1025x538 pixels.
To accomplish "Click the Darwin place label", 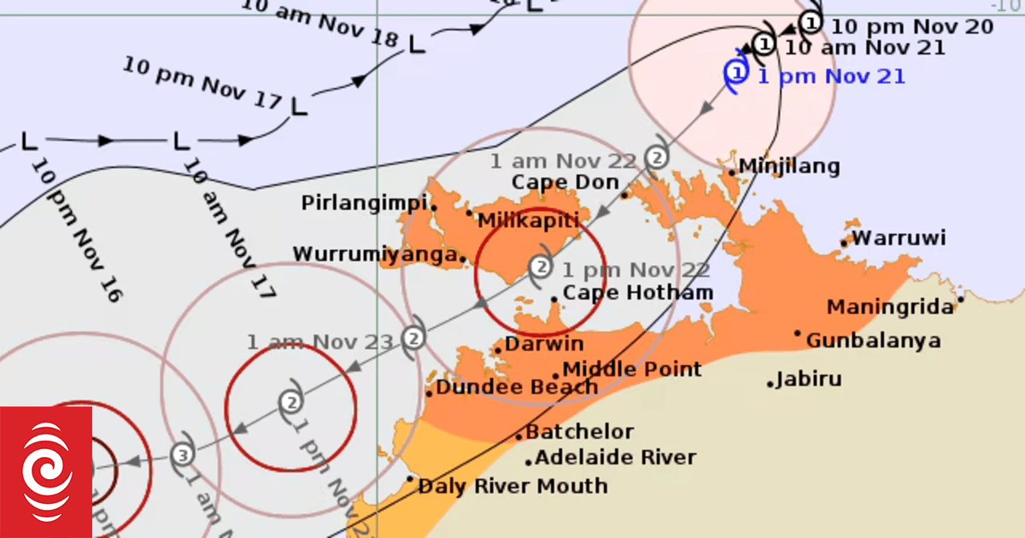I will (x=544, y=344).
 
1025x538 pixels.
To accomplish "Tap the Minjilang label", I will (x=789, y=167).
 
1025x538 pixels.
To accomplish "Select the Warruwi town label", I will (x=899, y=237).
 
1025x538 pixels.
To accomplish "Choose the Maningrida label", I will (x=890, y=307).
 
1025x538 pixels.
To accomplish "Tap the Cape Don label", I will (x=565, y=182).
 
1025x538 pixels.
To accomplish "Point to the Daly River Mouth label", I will (x=512, y=487).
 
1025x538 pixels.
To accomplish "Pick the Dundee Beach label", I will (x=517, y=388).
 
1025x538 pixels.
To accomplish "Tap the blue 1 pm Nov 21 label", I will (x=831, y=77).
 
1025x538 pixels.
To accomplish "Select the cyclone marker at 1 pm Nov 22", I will (x=540, y=267).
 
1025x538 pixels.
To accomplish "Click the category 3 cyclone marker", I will (x=181, y=455).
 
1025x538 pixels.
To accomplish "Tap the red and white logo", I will (x=46, y=472).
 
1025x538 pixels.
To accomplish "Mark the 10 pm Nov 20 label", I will (x=912, y=26).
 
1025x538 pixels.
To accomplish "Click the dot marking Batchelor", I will (x=518, y=437).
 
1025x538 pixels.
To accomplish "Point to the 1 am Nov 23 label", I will (x=320, y=342).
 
